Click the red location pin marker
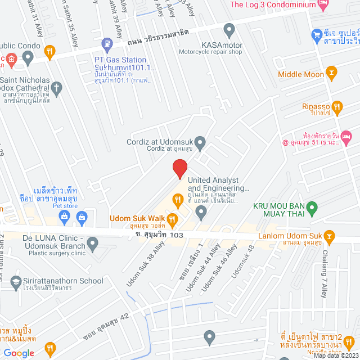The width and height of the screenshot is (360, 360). point(179,168)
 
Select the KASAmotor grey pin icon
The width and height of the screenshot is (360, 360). point(229,29)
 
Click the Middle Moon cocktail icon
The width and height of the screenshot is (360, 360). point(331,74)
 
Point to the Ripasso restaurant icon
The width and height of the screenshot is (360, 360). point(337,106)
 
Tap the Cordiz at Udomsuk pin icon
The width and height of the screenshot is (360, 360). point(200,141)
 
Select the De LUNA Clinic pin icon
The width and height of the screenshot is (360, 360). point(93,244)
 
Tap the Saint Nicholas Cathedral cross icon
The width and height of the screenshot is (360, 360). point(56,87)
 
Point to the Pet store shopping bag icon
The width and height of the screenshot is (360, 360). point(82,217)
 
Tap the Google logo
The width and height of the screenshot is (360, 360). point(19,353)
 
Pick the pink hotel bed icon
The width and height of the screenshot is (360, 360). point(346,136)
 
